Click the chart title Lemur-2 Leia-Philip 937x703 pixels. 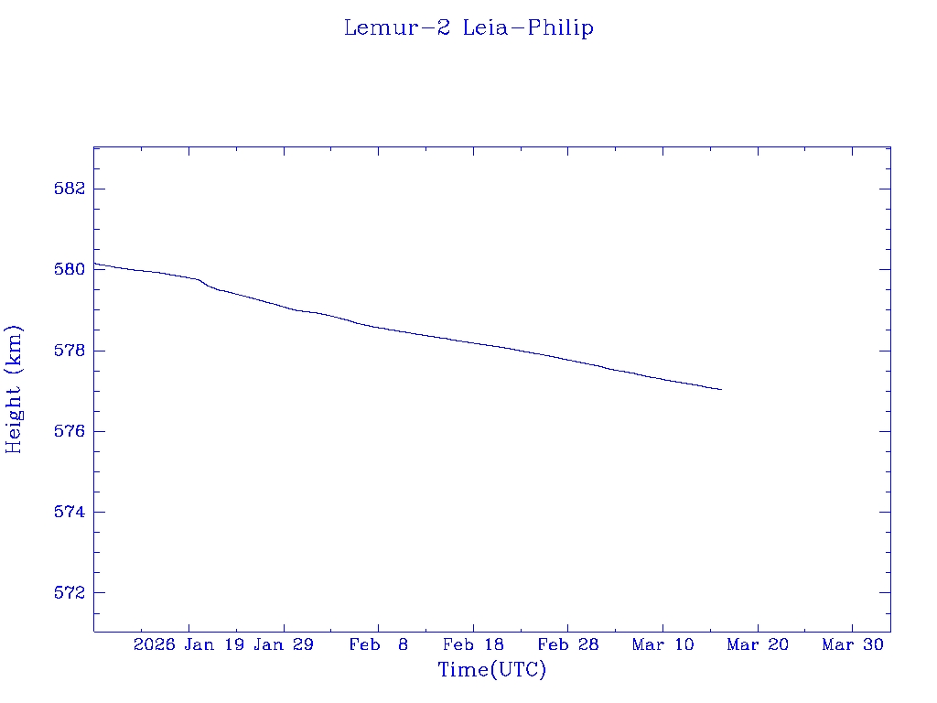click(468, 28)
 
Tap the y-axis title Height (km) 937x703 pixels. click(14, 389)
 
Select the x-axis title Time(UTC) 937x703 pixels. click(492, 670)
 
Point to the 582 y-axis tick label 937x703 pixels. click(71, 189)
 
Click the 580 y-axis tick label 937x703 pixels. click(71, 270)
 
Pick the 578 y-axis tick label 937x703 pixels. click(71, 351)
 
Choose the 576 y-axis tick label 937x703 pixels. click(71, 431)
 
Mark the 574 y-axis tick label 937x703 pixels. click(71, 512)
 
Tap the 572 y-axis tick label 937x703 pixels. click(71, 593)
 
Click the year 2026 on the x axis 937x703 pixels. click(154, 644)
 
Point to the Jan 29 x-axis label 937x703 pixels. click(284, 644)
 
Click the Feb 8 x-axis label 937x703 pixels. click(379, 644)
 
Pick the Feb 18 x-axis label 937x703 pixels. click(473, 644)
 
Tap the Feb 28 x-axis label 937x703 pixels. click(568, 644)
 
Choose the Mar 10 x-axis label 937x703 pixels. click(662, 644)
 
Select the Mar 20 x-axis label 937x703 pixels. click(758, 644)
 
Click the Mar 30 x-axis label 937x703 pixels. click(852, 644)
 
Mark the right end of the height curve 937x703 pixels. click(722, 390)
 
